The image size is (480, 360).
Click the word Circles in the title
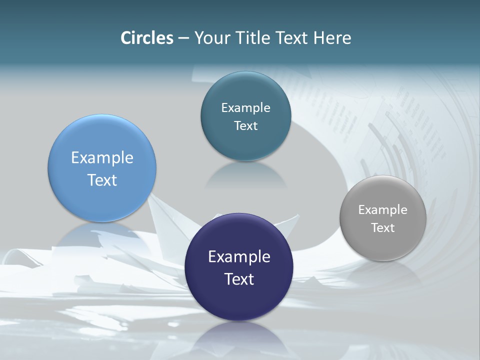tap(146, 38)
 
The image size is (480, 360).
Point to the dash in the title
tap(183, 38)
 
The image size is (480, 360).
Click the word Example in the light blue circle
tap(102, 158)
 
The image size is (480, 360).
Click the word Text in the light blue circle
tap(102, 180)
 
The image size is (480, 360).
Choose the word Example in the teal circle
tap(245, 108)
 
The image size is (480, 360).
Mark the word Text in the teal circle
tap(245, 126)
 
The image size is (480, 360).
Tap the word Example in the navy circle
tap(239, 257)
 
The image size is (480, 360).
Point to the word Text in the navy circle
tap(239, 279)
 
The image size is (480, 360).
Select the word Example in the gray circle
tap(383, 210)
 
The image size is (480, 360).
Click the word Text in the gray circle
tap(383, 228)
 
